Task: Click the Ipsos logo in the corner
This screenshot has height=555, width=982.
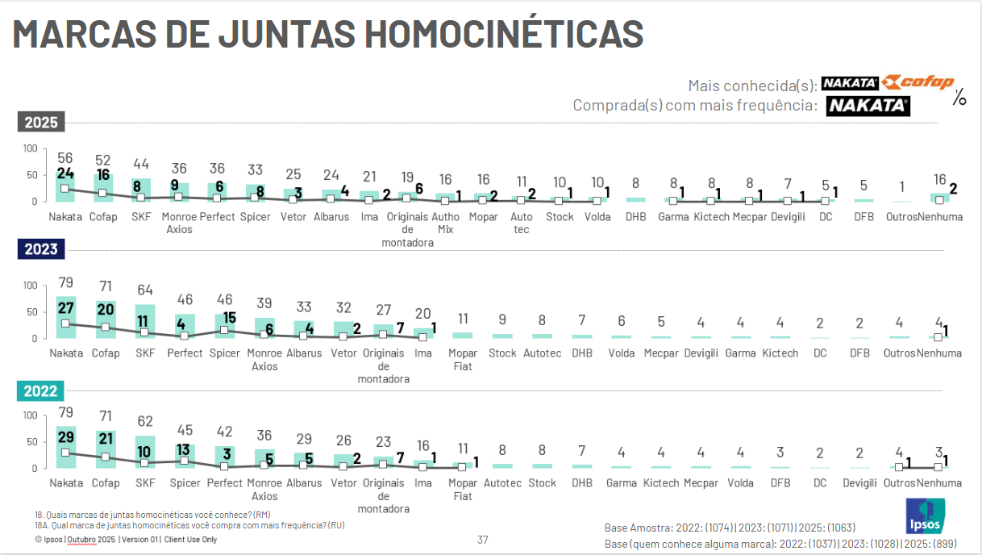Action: tap(926, 516)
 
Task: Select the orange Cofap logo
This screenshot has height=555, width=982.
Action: tap(918, 82)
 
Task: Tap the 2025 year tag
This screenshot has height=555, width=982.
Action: tap(40, 123)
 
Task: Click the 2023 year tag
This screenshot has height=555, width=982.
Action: tap(40, 249)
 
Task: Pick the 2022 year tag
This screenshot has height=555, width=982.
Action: tap(40, 391)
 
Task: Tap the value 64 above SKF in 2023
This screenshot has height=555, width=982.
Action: tap(145, 290)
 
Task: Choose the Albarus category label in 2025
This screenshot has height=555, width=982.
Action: tap(331, 216)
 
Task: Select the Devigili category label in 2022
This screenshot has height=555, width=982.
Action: tap(859, 482)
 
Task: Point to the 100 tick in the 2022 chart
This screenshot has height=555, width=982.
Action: tap(29, 415)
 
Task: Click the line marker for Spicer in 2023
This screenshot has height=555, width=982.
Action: tap(224, 330)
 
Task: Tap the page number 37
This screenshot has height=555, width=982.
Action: tap(483, 540)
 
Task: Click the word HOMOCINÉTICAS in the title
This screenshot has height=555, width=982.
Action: tap(503, 33)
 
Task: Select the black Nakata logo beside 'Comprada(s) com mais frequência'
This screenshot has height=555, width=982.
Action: tap(868, 106)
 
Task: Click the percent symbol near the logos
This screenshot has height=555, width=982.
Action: tap(959, 98)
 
